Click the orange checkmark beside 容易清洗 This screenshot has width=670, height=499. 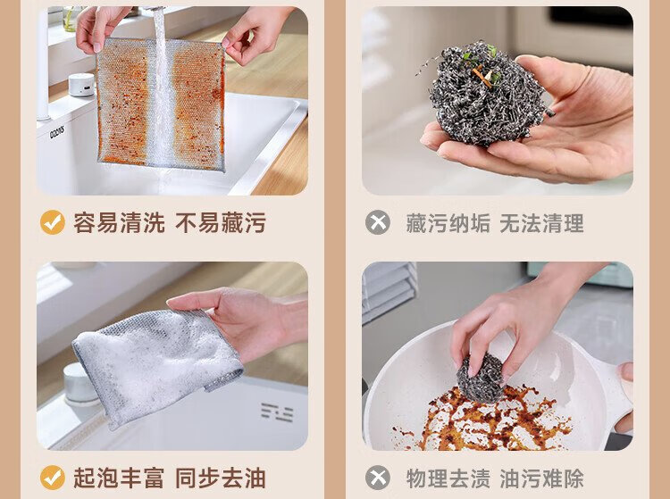click(x=53, y=222)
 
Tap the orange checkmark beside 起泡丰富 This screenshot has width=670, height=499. click(x=53, y=478)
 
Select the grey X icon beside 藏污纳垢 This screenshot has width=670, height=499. click(x=378, y=222)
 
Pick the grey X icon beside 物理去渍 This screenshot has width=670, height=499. click(x=378, y=478)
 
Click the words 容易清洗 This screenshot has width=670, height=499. click(x=119, y=223)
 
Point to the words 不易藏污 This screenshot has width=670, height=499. click(x=221, y=223)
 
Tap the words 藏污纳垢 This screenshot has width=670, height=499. click(x=448, y=223)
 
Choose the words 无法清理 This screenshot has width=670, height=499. click(x=542, y=223)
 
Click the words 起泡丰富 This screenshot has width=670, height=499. click(x=119, y=478)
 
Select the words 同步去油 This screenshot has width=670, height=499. click(x=221, y=478)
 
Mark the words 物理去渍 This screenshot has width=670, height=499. click(x=448, y=478)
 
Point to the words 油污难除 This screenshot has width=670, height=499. click(x=542, y=478)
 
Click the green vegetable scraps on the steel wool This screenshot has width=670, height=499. click(x=480, y=65)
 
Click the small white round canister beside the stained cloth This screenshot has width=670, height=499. click(x=81, y=85)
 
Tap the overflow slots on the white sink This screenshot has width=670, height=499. click(x=277, y=412)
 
